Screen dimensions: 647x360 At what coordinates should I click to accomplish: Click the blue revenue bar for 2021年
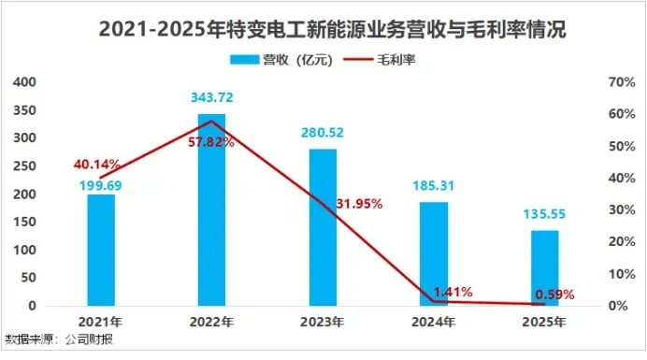101,251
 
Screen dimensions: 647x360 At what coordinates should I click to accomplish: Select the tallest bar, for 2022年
211,209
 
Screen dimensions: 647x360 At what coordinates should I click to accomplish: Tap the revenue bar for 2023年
323,227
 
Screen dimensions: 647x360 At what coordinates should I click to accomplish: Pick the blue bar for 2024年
434,254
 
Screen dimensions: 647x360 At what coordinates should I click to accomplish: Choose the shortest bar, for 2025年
545,268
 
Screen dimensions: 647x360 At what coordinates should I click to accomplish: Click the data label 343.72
211,97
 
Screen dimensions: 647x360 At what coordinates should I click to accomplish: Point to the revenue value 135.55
544,214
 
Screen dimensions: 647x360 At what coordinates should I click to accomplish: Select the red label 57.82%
211,142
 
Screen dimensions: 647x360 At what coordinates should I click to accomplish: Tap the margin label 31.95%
359,204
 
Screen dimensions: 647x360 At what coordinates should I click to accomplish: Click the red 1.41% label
453,293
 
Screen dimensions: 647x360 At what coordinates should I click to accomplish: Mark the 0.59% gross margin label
554,295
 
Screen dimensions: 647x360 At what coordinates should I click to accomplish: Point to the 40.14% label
97,165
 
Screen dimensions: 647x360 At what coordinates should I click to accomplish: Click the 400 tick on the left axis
24,82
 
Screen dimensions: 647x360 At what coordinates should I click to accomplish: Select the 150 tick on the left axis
24,223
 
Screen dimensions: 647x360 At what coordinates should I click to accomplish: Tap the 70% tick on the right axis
622,82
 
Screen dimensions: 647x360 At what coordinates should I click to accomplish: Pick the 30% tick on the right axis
622,209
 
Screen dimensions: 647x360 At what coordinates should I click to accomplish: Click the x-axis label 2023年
323,322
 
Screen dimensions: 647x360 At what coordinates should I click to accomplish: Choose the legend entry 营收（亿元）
281,60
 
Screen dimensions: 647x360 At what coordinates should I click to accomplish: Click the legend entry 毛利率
380,60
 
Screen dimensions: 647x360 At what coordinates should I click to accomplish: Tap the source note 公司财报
89,339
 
